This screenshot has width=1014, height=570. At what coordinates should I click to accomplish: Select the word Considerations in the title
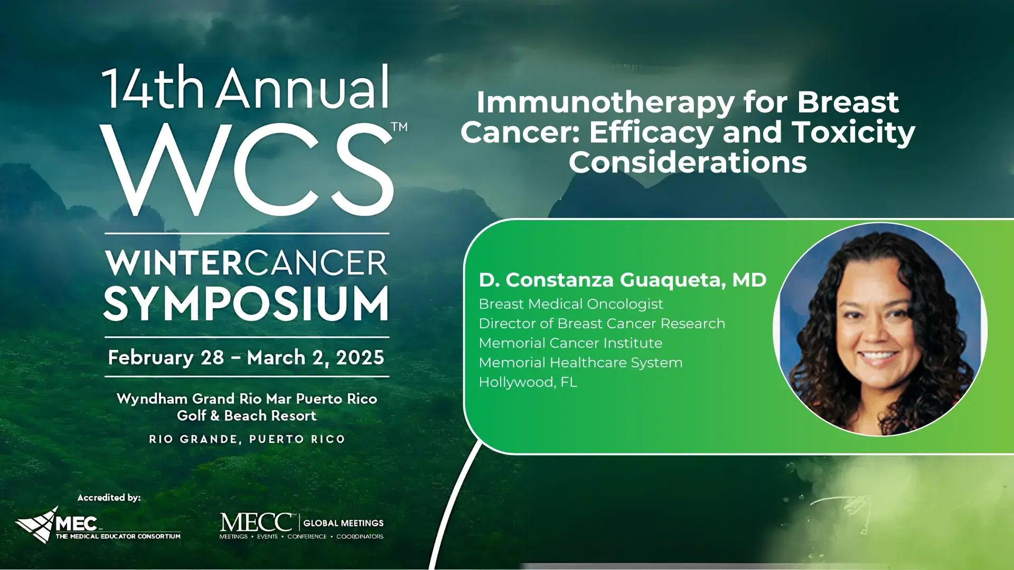point(688,162)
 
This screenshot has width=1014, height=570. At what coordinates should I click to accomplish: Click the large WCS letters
point(246,170)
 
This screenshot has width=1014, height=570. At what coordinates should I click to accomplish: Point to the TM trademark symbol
point(399,127)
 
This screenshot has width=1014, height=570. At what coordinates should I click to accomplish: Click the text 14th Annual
point(246,88)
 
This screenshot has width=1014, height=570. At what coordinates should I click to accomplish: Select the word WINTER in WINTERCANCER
point(174,263)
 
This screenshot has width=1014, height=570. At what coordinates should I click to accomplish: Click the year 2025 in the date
point(360,358)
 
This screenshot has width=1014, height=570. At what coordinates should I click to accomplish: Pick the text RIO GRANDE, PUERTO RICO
point(247,439)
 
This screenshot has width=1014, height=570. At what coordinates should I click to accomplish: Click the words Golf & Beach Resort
point(247,416)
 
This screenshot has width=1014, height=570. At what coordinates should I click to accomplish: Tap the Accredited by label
point(109,498)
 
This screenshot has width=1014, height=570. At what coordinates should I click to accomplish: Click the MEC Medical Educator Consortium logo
point(98,526)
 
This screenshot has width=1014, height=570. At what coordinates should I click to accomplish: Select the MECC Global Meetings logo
point(302,526)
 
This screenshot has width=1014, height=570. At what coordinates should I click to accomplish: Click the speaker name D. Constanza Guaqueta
point(622,280)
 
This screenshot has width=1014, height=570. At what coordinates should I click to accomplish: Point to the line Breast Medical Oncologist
point(570,304)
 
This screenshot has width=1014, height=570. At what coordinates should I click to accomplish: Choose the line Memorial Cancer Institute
point(570,343)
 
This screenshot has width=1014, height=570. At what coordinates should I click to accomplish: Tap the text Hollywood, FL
point(528,382)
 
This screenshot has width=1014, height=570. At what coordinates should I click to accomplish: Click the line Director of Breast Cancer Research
point(602,324)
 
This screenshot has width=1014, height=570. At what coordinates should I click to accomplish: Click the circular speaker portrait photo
point(880,330)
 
